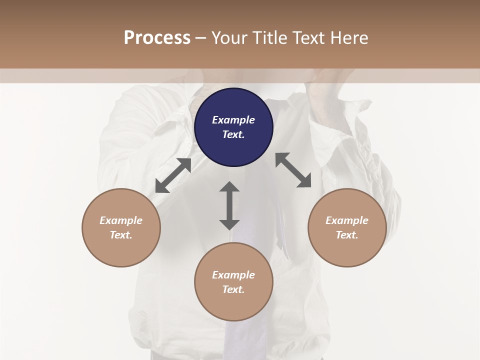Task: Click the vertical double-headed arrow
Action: (x=229, y=205)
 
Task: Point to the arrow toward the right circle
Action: (x=293, y=170)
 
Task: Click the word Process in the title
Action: (x=157, y=37)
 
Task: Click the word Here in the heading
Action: (x=348, y=37)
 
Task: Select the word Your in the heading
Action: (x=230, y=37)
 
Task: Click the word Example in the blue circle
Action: (x=233, y=120)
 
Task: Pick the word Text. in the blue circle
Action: (x=233, y=134)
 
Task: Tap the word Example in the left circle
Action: (x=121, y=220)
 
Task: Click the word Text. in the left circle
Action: (x=121, y=235)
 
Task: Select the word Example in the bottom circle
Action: (x=233, y=275)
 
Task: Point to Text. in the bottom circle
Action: (x=233, y=289)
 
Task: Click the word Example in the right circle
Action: (x=347, y=220)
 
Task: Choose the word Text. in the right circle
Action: (x=347, y=235)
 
